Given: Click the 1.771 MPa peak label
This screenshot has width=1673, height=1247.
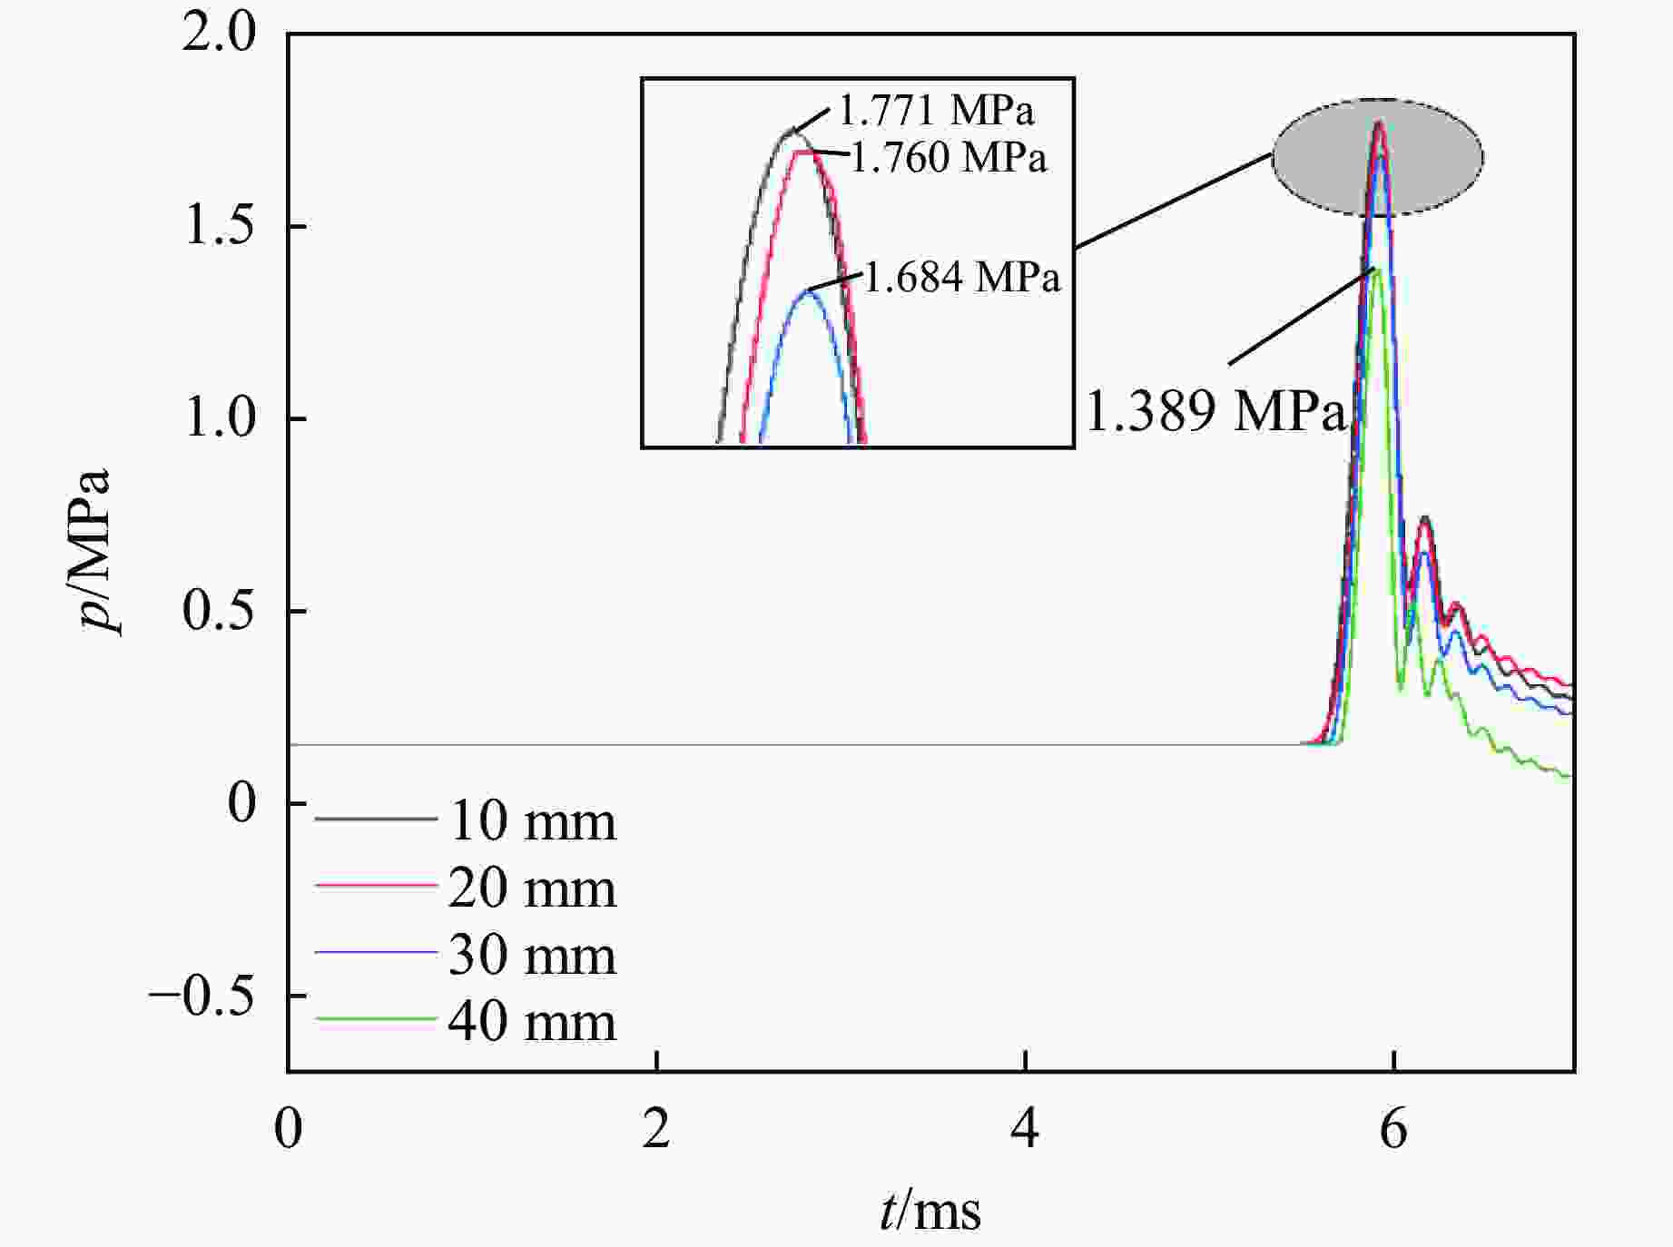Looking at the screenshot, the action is [x=936, y=111].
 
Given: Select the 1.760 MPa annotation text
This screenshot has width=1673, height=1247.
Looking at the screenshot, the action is [x=949, y=157].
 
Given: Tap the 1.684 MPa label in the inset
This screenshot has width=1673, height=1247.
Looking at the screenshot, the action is [x=961, y=277].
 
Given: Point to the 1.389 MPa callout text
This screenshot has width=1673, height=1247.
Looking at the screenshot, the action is [x=1215, y=410].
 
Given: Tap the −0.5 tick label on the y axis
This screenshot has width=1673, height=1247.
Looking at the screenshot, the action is [x=202, y=997].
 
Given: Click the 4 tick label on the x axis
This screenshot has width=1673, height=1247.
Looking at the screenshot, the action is [x=1025, y=1131].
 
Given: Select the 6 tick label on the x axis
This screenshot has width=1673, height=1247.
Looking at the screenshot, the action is [x=1393, y=1131].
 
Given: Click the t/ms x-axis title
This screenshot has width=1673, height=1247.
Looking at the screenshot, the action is [x=930, y=1211].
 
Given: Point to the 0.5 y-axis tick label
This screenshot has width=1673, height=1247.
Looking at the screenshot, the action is [x=220, y=611].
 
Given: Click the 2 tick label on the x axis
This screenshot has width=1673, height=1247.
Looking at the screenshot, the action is [x=655, y=1131].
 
